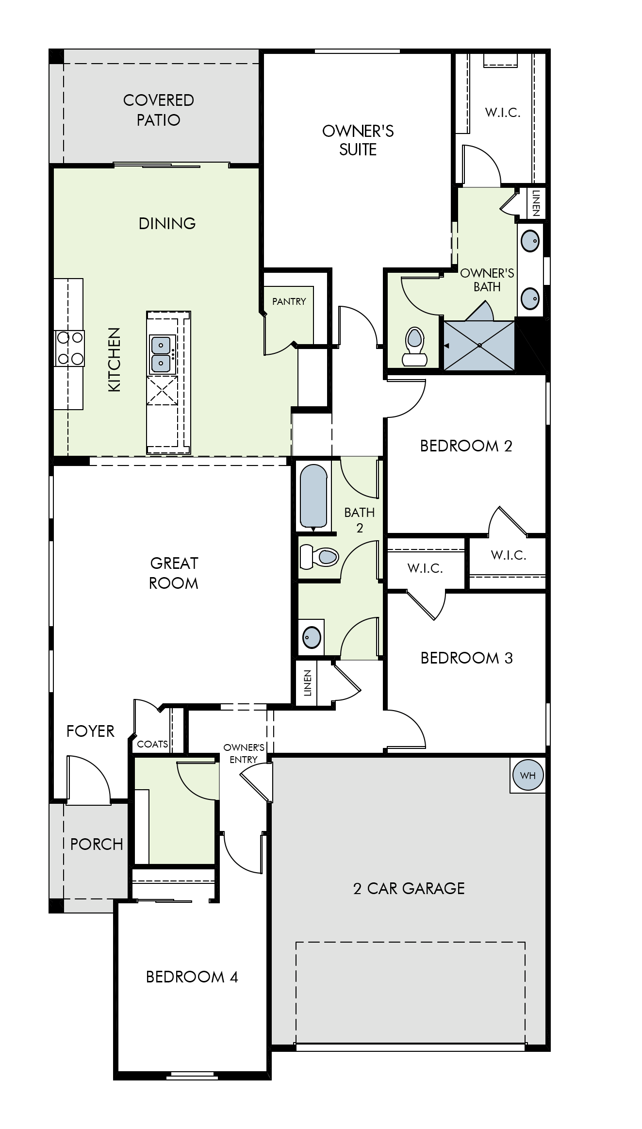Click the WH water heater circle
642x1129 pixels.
527,775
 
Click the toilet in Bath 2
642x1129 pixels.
319,556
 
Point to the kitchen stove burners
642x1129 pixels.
70,348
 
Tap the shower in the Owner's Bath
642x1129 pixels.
479,345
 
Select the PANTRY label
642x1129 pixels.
289,301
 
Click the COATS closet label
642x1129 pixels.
152,744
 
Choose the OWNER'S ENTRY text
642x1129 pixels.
244,753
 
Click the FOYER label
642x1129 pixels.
90,731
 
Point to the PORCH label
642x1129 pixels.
97,844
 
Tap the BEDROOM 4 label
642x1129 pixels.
192,977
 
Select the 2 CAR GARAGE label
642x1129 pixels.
409,888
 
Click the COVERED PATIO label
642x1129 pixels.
159,110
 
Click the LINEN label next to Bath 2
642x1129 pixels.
307,683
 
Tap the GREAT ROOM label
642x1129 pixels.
174,573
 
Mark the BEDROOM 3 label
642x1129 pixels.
466,658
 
